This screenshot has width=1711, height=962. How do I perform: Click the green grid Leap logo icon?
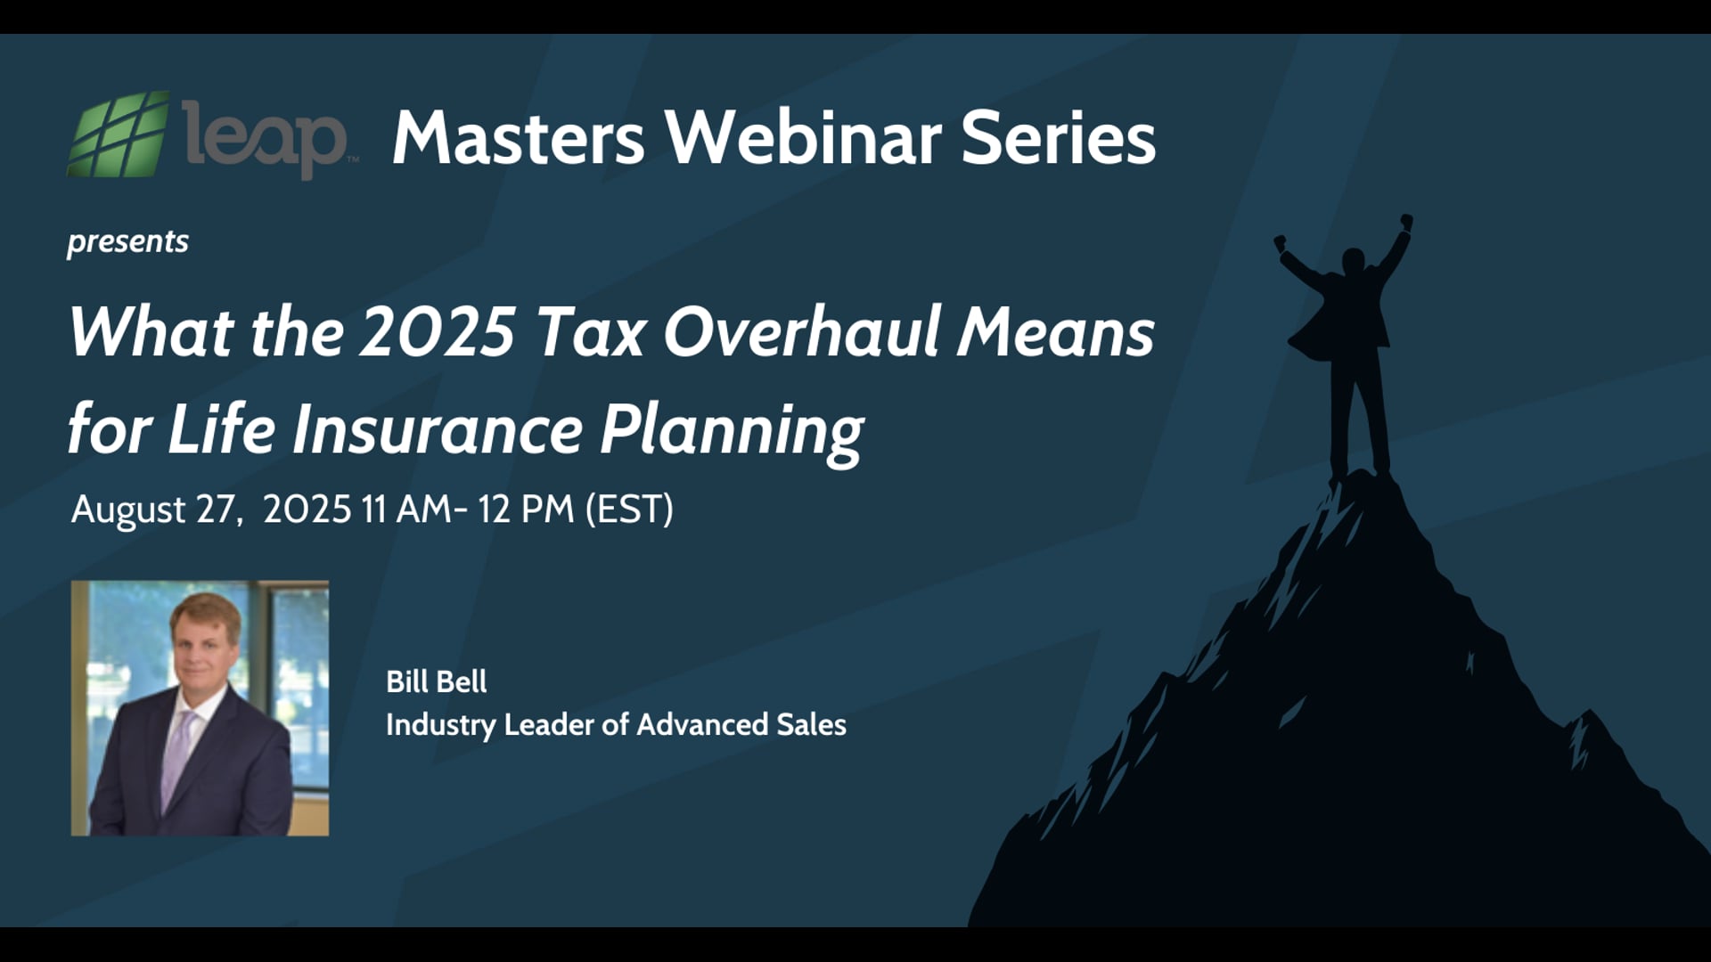coord(119,135)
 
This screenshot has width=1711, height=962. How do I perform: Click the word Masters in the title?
coord(518,138)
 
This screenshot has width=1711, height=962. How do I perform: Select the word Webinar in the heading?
coord(804,138)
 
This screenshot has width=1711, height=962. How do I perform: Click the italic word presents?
coord(127,241)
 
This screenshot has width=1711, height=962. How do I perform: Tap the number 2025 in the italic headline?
coord(438,331)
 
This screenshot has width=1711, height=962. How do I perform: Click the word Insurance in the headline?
coord(438,429)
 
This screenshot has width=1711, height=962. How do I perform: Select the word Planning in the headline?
coord(731,431)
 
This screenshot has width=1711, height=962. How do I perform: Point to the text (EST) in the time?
coord(629,510)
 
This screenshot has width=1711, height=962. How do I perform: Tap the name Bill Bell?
coord(436,681)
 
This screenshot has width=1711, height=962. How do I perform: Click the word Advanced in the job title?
coord(702,724)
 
